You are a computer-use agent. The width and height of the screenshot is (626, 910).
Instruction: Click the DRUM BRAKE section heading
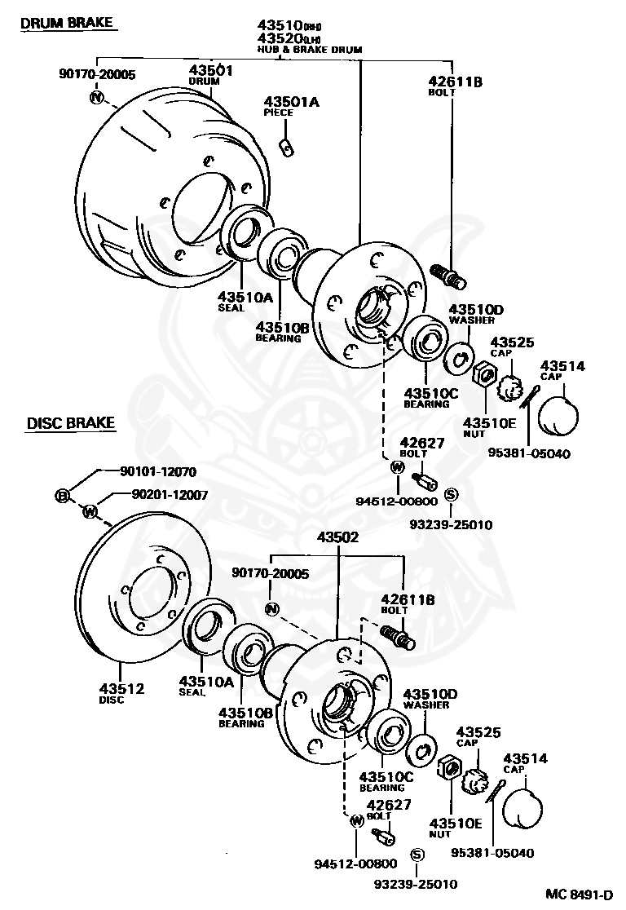tap(67, 22)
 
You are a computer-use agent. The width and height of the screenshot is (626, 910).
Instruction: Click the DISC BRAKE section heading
tap(71, 423)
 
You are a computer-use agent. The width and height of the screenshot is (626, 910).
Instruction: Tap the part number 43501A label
tap(291, 102)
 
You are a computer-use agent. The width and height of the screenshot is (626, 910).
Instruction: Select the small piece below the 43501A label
tap(285, 147)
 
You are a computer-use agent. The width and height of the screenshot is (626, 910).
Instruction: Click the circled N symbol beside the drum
tap(98, 99)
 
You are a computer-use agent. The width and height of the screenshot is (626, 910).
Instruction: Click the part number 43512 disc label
tap(121, 689)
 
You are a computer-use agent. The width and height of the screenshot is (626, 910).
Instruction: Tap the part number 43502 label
tap(337, 537)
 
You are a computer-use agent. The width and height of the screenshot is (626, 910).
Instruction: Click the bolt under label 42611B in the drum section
tap(447, 276)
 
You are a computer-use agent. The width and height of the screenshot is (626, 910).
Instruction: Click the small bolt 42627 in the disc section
tap(381, 836)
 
